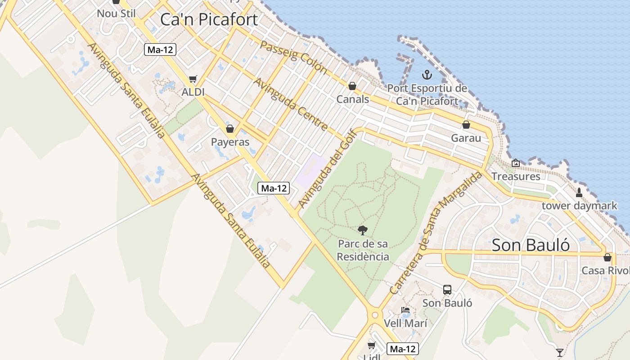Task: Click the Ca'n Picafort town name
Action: (209, 20)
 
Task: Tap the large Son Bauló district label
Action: (531, 245)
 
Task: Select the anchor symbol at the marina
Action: (427, 75)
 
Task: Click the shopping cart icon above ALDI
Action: (193, 79)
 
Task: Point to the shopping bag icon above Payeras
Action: (230, 129)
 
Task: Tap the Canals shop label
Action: (353, 99)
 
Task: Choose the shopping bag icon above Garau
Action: (466, 125)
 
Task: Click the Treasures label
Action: (516, 176)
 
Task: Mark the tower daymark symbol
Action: (579, 193)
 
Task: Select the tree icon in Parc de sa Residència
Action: (363, 230)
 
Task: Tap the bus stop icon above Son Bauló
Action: (447, 290)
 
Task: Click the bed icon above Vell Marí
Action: (405, 310)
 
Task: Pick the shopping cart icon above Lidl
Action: (372, 345)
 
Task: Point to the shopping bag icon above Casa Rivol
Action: (607, 257)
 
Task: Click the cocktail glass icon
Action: (559, 352)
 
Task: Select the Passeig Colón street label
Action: (293, 58)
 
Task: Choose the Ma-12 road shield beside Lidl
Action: (403, 349)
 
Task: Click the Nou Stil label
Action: (116, 13)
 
